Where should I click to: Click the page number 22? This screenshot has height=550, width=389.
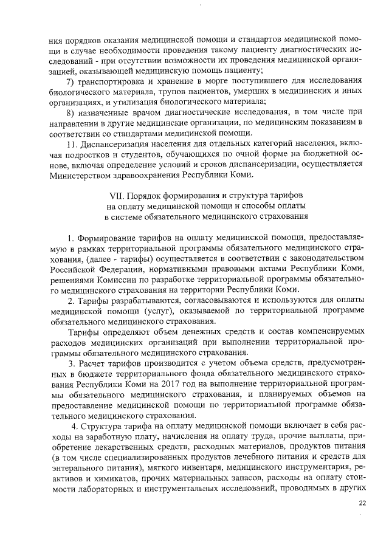[363, 503]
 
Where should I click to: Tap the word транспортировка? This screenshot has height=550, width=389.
[109, 81]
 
